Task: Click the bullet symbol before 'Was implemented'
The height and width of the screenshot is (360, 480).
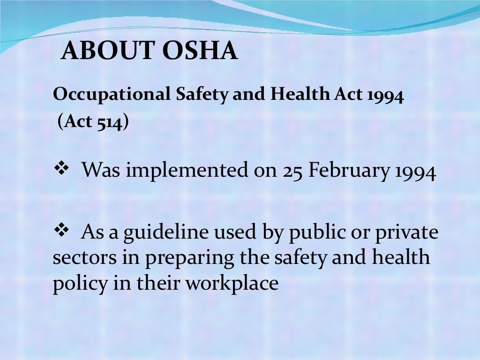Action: coord(62,169)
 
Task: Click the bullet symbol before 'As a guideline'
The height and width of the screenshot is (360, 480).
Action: coord(62,230)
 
